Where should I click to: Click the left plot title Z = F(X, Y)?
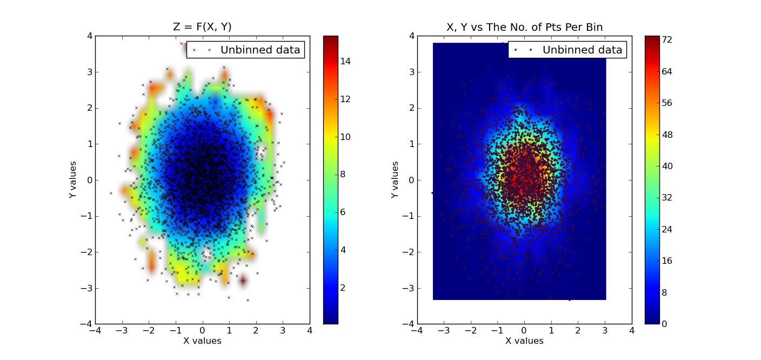click(x=202, y=27)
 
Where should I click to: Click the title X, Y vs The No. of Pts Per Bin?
click(x=524, y=27)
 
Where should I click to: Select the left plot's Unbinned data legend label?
click(x=260, y=50)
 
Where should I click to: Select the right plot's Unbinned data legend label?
click(x=582, y=50)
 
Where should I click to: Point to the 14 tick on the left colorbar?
click(x=345, y=61)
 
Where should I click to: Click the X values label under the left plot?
click(x=202, y=341)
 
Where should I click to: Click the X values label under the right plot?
click(x=524, y=341)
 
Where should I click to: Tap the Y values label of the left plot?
click(x=74, y=179)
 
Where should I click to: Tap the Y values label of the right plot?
click(x=396, y=179)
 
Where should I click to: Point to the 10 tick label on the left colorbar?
click(x=345, y=137)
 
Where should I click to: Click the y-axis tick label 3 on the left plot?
click(x=89, y=72)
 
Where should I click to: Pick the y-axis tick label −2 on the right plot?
click(x=409, y=252)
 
